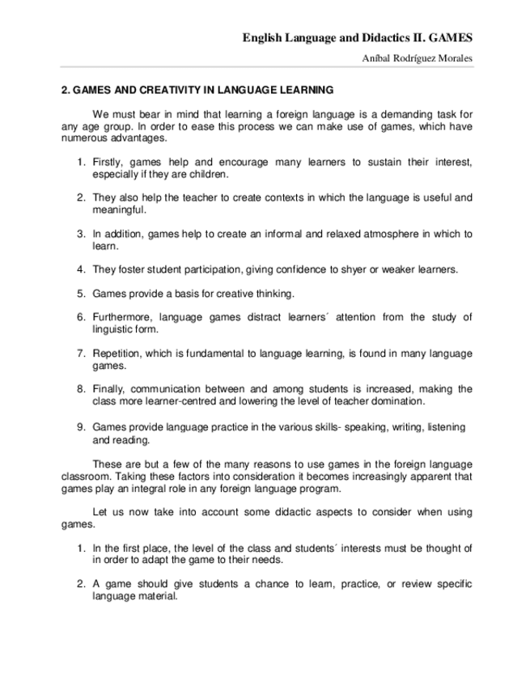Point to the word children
click(209, 174)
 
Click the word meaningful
click(119, 210)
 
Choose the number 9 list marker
click(81, 426)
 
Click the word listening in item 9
click(447, 426)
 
